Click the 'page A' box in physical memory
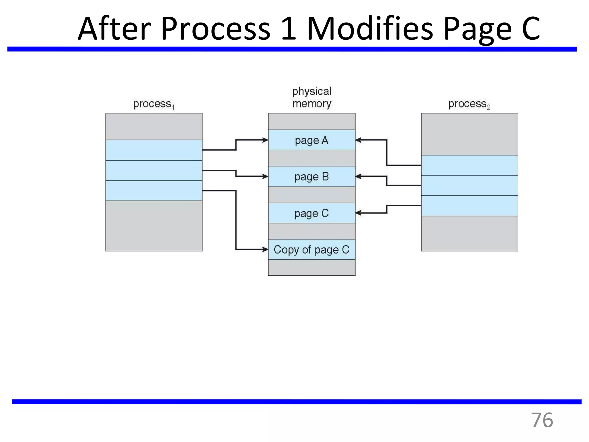pos(311,140)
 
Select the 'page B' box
pos(311,176)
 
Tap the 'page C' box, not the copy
pos(311,213)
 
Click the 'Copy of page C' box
pos(311,249)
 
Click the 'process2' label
pos(469,104)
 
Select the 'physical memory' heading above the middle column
pos(312,98)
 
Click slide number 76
pos(542,420)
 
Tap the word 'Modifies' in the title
pos(370,29)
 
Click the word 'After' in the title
pos(114,29)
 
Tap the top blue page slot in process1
pos(154,150)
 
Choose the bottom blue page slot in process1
pos(154,190)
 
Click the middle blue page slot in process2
pos(469,185)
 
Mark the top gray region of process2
pos(469,134)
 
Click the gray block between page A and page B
pos(311,158)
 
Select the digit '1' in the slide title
pos(288,29)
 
